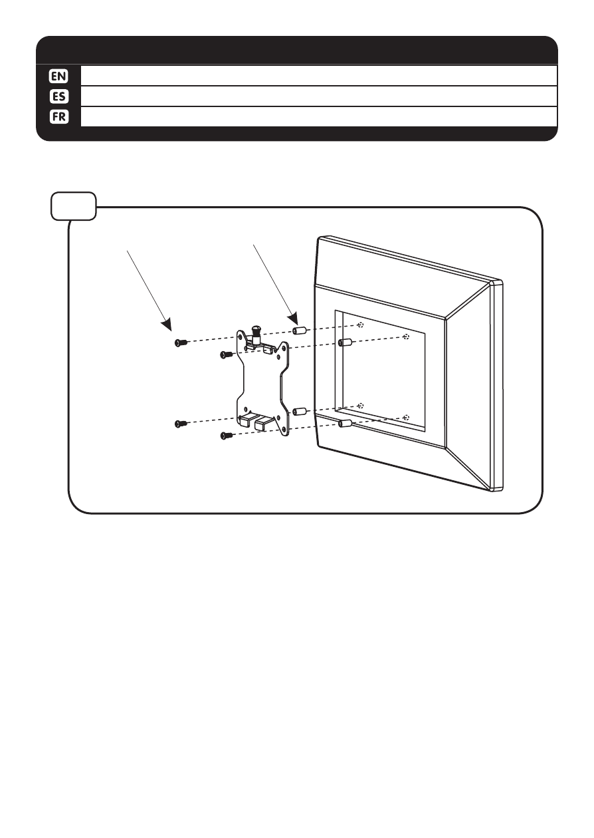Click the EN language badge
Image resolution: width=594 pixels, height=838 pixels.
(59, 75)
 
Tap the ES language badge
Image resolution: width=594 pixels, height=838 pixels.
(59, 96)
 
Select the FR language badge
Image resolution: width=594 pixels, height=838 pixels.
(59, 116)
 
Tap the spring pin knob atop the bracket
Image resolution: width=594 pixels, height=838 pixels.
(256, 331)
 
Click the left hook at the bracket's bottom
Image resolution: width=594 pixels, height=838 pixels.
(246, 419)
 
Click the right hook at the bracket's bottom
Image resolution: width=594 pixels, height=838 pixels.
(265, 422)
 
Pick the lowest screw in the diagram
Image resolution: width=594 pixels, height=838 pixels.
(226, 436)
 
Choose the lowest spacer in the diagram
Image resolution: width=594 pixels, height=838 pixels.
(344, 423)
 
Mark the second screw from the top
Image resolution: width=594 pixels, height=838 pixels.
(225, 355)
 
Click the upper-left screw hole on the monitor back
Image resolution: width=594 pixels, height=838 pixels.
(360, 325)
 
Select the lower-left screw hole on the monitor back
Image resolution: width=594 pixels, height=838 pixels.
(360, 404)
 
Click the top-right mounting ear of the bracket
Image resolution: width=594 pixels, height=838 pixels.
(284, 346)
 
